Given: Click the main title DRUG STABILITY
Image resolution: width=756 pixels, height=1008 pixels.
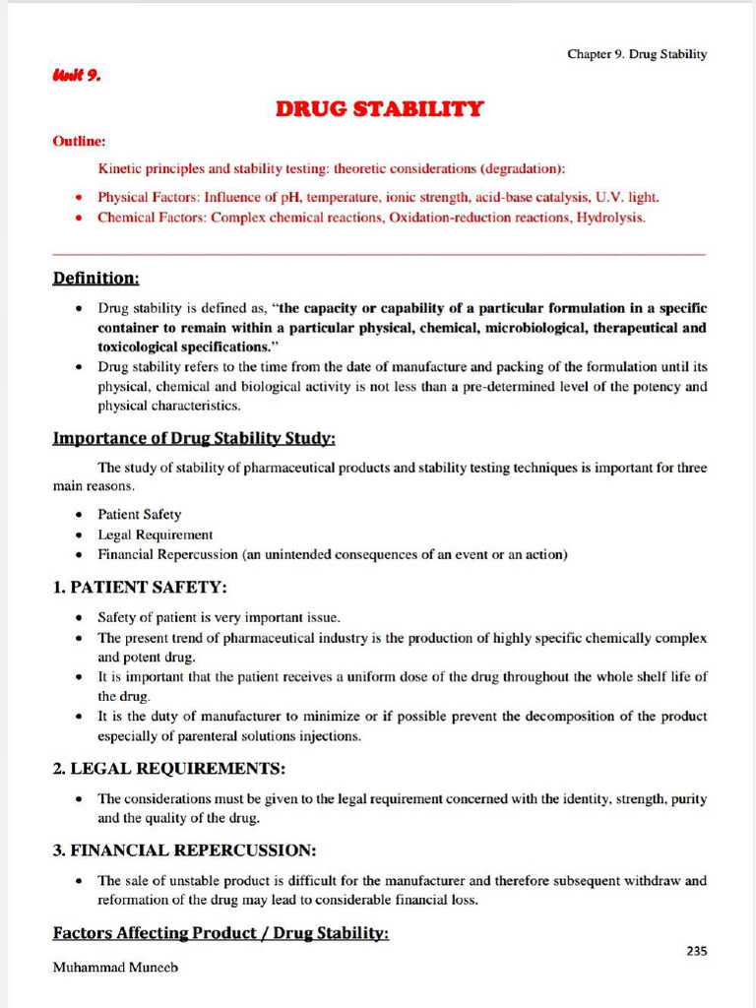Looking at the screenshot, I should [379, 108].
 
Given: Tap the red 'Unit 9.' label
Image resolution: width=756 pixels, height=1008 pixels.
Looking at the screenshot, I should [76, 75].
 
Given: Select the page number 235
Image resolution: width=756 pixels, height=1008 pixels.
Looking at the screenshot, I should [696, 950].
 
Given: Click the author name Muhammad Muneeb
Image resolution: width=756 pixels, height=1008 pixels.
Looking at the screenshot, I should [115, 968].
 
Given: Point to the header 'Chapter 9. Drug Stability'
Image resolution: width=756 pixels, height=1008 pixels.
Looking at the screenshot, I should [636, 54].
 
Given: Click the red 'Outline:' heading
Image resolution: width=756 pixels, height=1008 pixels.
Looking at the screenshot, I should [79, 142].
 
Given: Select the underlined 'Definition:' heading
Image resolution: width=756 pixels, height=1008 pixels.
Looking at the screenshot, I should [95, 280].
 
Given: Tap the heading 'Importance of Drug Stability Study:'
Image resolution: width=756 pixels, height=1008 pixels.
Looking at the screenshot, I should [194, 438].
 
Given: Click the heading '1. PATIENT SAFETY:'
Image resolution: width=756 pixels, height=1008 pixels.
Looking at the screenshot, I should [140, 588].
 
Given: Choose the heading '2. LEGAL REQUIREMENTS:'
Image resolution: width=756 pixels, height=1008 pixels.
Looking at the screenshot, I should [169, 768].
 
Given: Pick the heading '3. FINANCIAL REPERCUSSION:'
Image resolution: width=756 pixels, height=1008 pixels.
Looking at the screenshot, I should [184, 850].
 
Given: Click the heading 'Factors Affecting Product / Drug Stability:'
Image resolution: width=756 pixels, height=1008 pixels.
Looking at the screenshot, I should [220, 932].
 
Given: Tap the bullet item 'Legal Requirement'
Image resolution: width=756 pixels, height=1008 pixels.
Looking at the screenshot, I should [155, 535].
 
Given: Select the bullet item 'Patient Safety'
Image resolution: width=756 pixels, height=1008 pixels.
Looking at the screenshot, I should [139, 514].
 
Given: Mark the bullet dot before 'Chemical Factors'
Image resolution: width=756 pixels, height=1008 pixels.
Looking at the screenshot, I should [79, 218].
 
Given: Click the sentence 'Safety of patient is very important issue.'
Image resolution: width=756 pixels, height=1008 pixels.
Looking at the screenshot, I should [219, 617].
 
